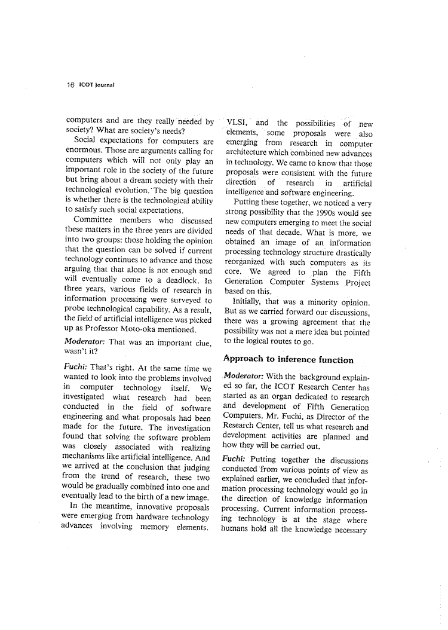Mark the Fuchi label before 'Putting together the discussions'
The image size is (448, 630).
pos(235,460)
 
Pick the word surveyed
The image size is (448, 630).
pos(183,300)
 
